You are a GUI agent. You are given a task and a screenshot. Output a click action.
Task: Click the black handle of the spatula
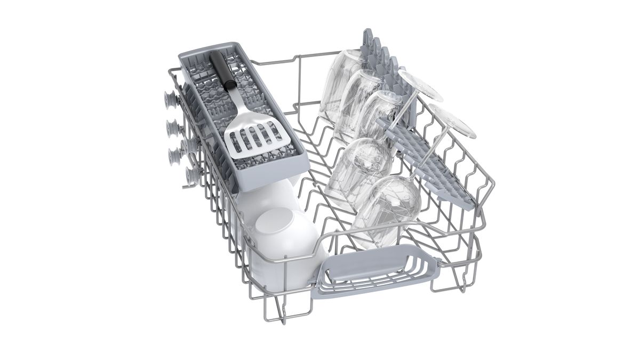point(222,70)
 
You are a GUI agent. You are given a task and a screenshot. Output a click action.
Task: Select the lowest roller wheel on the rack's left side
point(190,175)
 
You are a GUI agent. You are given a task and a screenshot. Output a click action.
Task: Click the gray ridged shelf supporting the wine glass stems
point(421,144)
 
